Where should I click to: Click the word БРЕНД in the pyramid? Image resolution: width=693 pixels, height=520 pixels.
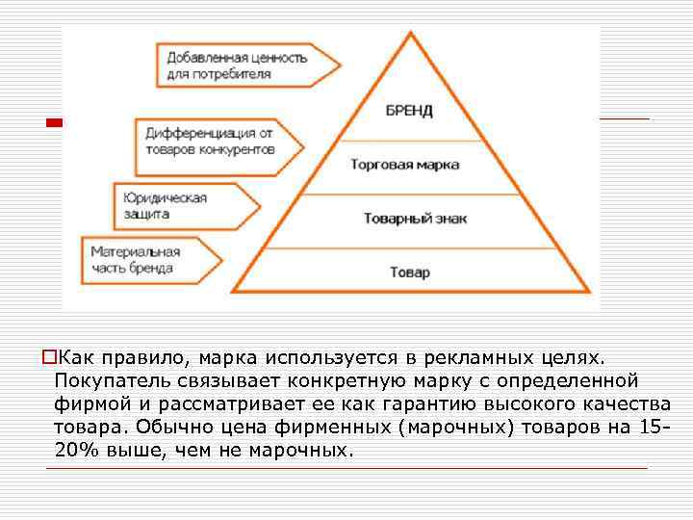(409, 110)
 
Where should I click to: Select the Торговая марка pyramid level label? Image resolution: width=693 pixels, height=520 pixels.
(404, 165)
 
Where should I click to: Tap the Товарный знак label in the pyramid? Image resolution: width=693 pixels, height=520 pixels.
(415, 219)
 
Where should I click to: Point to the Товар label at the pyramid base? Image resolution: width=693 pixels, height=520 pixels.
(410, 273)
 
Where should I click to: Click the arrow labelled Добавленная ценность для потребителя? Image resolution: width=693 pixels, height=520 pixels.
(245, 65)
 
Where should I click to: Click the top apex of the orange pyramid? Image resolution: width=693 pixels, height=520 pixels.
(412, 35)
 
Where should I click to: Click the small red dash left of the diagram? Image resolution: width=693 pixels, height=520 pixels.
(54, 123)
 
